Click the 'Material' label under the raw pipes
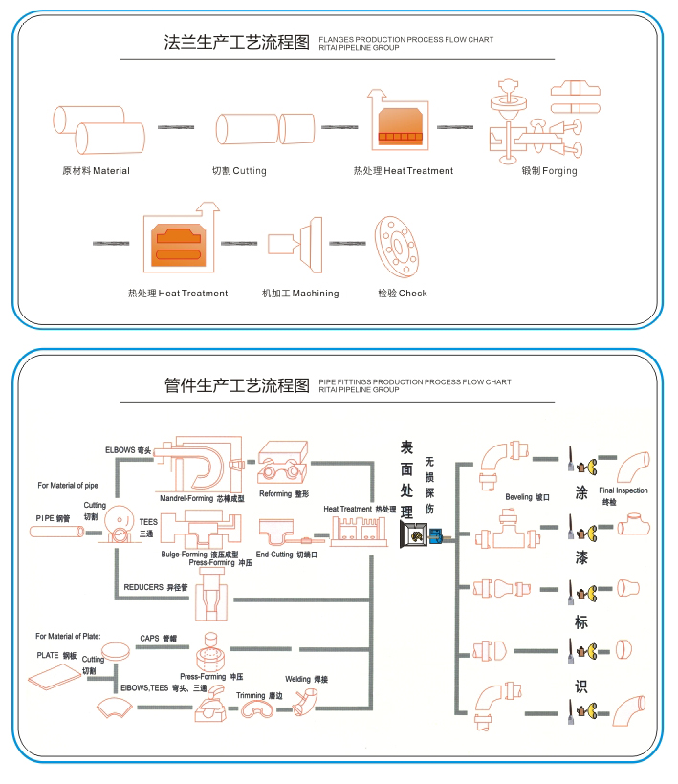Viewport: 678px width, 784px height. (x=111, y=171)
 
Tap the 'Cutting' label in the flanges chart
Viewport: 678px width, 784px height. (x=250, y=171)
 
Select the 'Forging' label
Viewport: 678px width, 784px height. (x=559, y=171)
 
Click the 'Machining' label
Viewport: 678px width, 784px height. (x=316, y=294)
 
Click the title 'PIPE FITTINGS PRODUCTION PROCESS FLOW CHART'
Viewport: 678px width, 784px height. (x=415, y=382)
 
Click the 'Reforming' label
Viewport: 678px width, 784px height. (x=275, y=493)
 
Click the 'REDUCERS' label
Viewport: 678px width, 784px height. (x=143, y=587)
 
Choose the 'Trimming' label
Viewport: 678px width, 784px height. (x=251, y=695)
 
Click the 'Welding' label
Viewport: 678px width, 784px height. (x=298, y=680)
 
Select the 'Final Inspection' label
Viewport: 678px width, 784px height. (x=623, y=490)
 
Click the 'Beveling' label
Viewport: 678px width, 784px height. (x=518, y=497)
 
